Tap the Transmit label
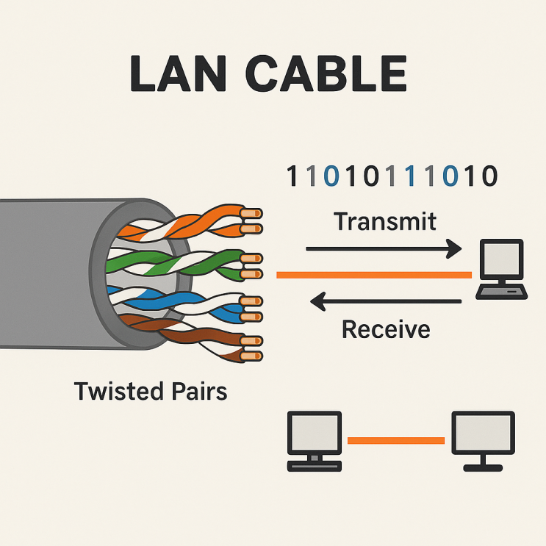tap(384, 220)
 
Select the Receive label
tap(386, 329)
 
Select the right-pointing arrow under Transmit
tap(383, 250)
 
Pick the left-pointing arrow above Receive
tap(386, 300)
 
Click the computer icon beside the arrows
tap(501, 268)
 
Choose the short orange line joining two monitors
tap(395, 441)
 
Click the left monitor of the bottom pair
tap(315, 439)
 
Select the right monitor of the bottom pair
tap(482, 439)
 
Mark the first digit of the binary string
tap(292, 176)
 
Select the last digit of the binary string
tap(489, 176)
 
